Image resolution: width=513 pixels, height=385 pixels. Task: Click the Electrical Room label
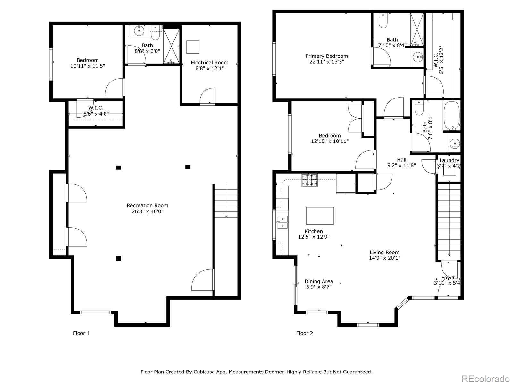[x=209, y=63]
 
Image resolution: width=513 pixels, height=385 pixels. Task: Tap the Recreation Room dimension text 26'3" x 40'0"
[x=147, y=211]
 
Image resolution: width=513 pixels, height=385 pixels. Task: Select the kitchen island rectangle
[x=320, y=216]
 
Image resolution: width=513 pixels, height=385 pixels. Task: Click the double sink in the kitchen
[x=282, y=222]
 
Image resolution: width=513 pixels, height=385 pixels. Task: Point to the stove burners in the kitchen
[x=309, y=180]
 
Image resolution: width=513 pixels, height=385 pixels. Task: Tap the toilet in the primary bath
[x=383, y=21]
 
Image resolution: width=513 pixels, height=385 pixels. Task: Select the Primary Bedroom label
[x=326, y=56]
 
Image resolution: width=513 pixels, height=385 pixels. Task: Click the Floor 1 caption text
[x=81, y=333]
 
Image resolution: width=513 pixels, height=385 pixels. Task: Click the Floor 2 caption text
[x=304, y=333]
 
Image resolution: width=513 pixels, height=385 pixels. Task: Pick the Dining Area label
[x=319, y=281]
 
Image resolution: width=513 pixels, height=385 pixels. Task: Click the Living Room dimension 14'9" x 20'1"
[x=384, y=258]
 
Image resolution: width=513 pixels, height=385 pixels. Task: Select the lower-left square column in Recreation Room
[x=118, y=258]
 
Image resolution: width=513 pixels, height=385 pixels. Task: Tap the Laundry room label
[x=449, y=160]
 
